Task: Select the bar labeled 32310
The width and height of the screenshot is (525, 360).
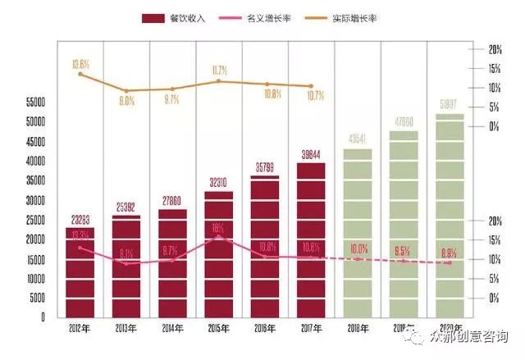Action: point(218,254)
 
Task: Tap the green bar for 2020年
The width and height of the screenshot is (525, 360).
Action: point(449,216)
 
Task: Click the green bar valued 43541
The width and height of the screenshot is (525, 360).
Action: point(357,234)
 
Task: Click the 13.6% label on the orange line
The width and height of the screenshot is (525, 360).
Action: point(80,62)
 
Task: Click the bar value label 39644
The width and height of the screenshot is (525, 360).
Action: point(311,154)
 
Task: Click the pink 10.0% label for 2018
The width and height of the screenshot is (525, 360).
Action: point(358,248)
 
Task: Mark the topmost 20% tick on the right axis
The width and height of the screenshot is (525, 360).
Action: point(495,49)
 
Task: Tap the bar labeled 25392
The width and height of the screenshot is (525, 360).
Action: point(126,267)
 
